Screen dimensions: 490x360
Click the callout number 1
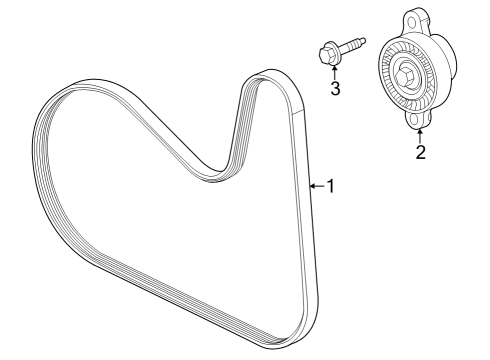point(329,186)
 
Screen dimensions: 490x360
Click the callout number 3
point(336,89)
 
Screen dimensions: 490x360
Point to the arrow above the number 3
point(334,70)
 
